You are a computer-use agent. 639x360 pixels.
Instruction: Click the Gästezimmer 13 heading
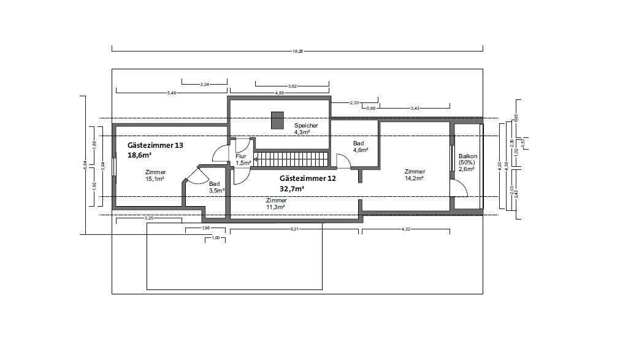[155, 145]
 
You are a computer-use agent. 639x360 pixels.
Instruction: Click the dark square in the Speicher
[278, 120]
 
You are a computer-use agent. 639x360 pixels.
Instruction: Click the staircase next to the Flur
[292, 161]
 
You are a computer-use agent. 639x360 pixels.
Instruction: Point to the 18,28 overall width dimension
[297, 52]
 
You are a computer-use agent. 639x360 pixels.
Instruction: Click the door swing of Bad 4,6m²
[343, 161]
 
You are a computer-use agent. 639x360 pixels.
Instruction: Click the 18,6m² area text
[140, 156]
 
